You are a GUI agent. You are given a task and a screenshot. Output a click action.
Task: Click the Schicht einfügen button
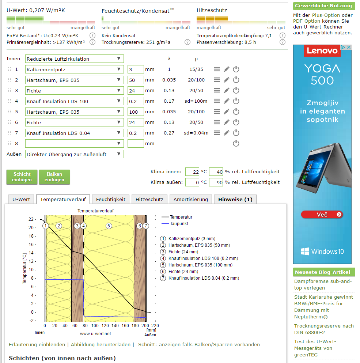pyautogui.click(x=22, y=177)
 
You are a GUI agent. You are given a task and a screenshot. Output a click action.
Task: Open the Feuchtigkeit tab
pyautogui.click(x=110, y=199)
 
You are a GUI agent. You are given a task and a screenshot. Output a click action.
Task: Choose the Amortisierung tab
pyautogui.click(x=190, y=199)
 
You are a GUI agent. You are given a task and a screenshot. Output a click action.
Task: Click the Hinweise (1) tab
pyautogui.click(x=235, y=199)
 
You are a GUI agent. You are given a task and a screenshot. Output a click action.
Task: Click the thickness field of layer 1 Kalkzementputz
pyautogui.click(x=136, y=69)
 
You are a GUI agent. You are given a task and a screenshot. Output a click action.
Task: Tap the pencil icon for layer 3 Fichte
pyautogui.click(x=227, y=91)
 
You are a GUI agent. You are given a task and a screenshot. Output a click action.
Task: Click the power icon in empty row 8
pyautogui.click(x=236, y=143)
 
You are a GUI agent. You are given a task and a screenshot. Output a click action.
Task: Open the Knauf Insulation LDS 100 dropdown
pyautogui.click(x=75, y=101)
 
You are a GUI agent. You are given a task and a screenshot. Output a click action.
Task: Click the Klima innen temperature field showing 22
pyautogui.click(x=192, y=172)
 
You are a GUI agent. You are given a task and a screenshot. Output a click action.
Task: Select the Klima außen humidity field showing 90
pyautogui.click(x=216, y=182)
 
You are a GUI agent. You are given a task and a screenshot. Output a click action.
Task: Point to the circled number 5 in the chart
pyautogui.click(x=109, y=226)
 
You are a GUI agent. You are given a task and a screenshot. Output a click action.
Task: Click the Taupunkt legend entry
pyautogui.click(x=179, y=224)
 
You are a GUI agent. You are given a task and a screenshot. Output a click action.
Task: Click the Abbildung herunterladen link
pyautogui.click(x=101, y=344)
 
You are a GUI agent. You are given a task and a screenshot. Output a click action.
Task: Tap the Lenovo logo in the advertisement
pyautogui.click(x=322, y=51)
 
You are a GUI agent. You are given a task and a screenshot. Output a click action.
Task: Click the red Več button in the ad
pyautogui.click(x=322, y=215)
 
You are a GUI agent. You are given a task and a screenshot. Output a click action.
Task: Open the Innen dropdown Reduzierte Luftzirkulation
pyautogui.click(x=75, y=59)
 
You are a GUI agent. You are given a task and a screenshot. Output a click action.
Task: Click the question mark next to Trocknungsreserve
pyautogui.click(x=187, y=42)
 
